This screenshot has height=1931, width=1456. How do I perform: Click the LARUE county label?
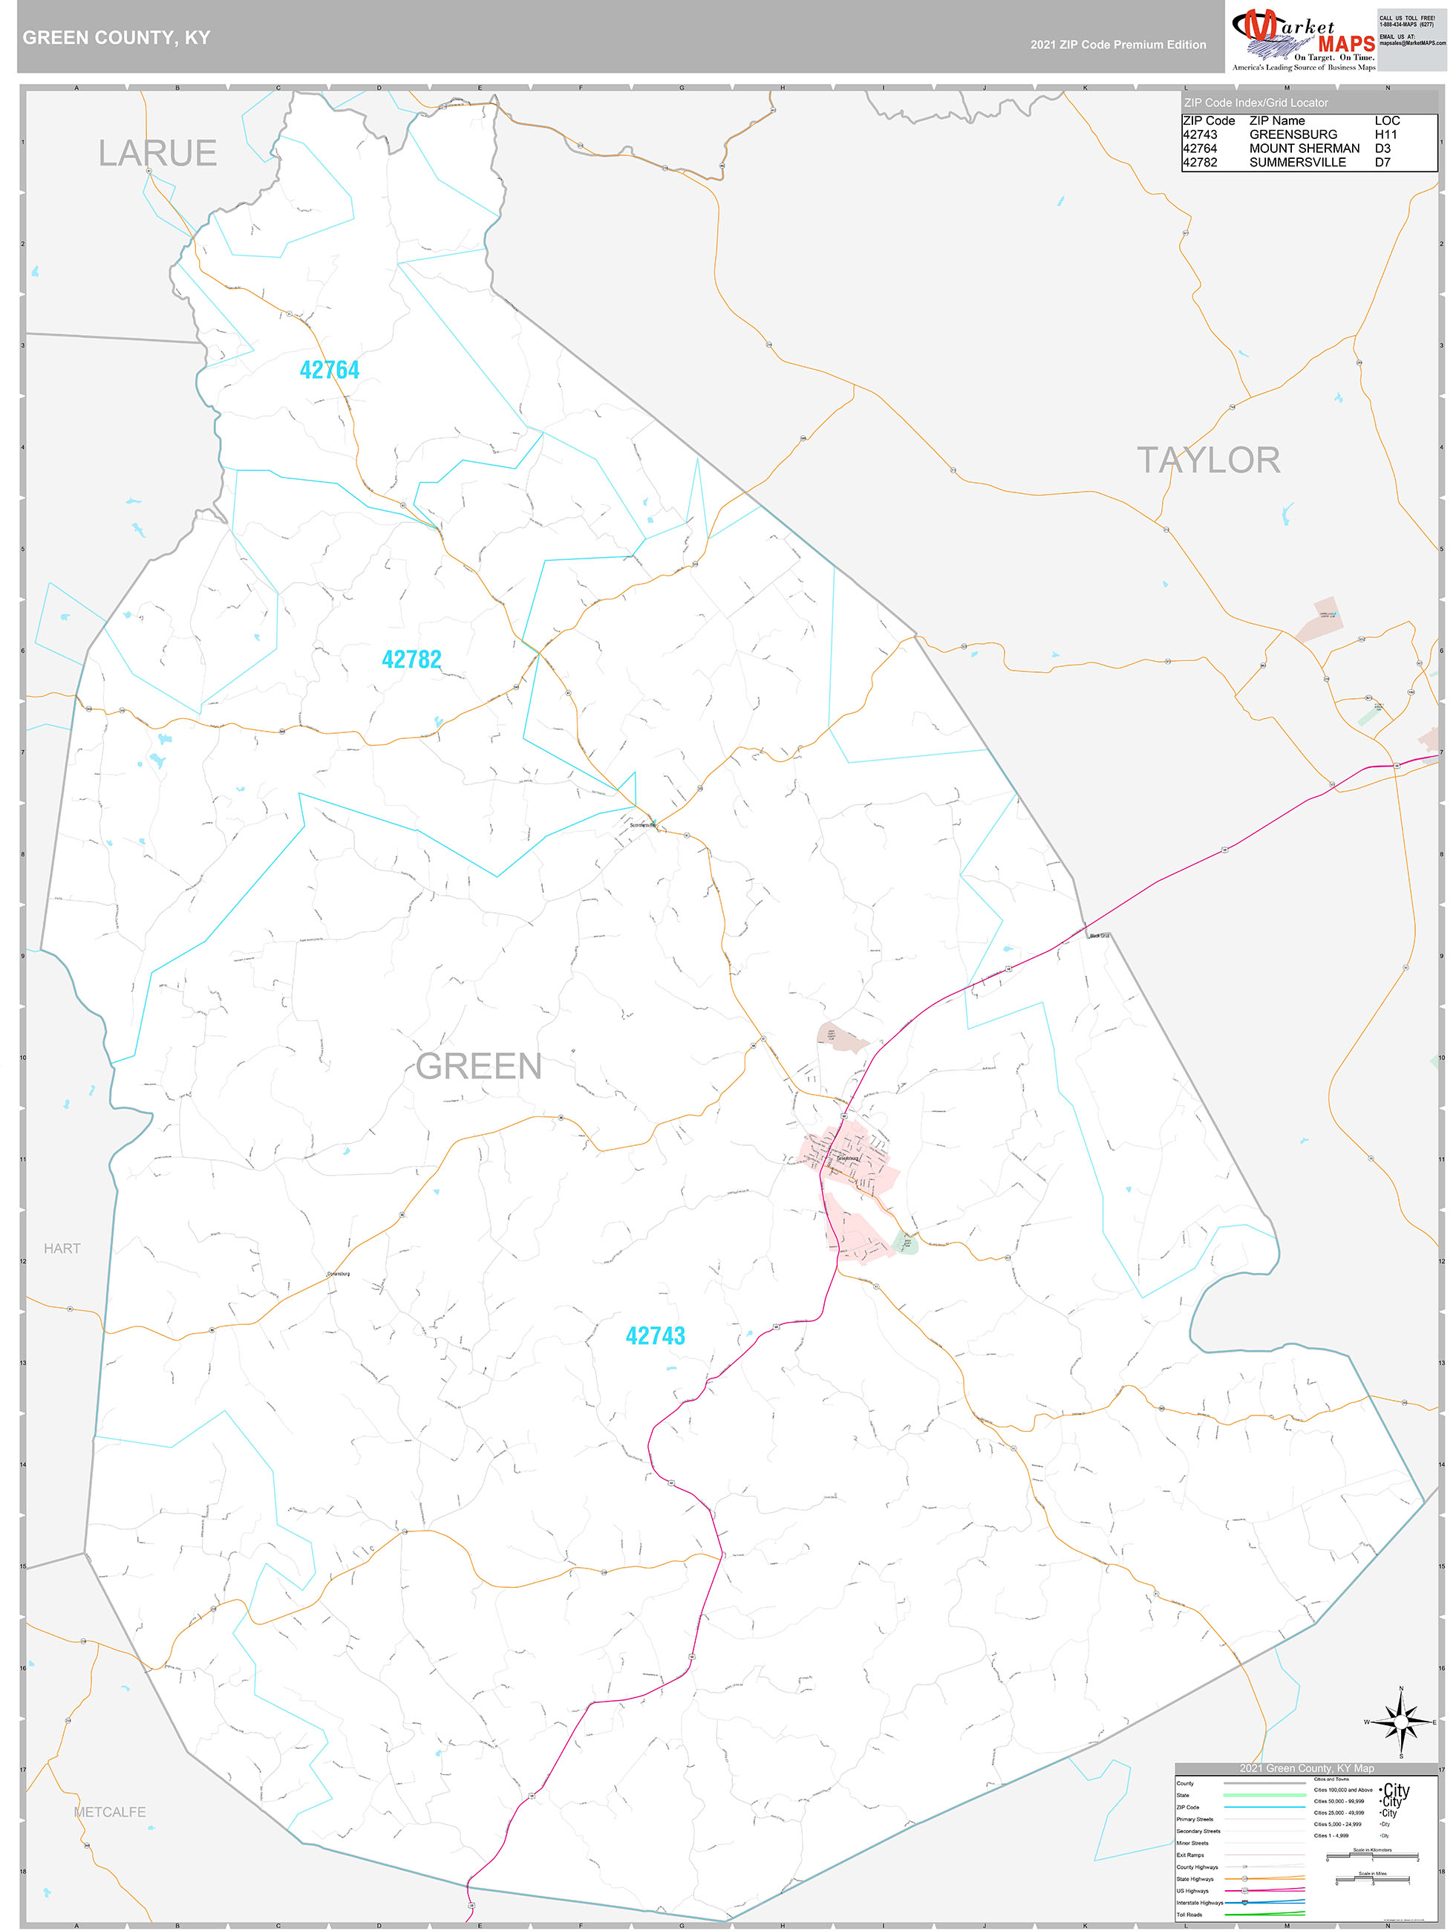pyautogui.click(x=157, y=153)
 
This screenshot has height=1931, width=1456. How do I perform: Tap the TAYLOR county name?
pyautogui.click(x=1208, y=460)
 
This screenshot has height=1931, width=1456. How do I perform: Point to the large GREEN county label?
pyautogui.click(x=478, y=1066)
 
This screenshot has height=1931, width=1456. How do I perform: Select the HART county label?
pyautogui.click(x=62, y=1248)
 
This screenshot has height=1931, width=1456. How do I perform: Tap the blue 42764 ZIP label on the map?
pyautogui.click(x=329, y=370)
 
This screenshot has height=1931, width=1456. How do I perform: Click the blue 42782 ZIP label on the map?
pyautogui.click(x=411, y=659)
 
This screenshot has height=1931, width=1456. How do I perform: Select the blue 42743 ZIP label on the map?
pyautogui.click(x=655, y=1335)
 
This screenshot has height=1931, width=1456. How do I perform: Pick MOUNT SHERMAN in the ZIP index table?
pyautogui.click(x=1304, y=149)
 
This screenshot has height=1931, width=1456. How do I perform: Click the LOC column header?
pyautogui.click(x=1387, y=120)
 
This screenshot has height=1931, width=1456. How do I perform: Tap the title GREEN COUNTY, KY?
pyautogui.click(x=116, y=38)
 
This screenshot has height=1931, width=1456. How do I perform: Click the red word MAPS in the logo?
pyautogui.click(x=1346, y=45)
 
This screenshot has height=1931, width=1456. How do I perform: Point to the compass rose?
pyautogui.click(x=1401, y=1722)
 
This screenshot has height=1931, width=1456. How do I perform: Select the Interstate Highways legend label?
pyautogui.click(x=1199, y=1902)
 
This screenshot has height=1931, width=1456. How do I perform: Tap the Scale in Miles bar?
pyautogui.click(x=1372, y=1878)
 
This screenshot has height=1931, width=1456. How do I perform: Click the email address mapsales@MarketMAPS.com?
pyautogui.click(x=1412, y=43)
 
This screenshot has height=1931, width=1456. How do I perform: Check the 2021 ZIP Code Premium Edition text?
pyautogui.click(x=1118, y=45)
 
